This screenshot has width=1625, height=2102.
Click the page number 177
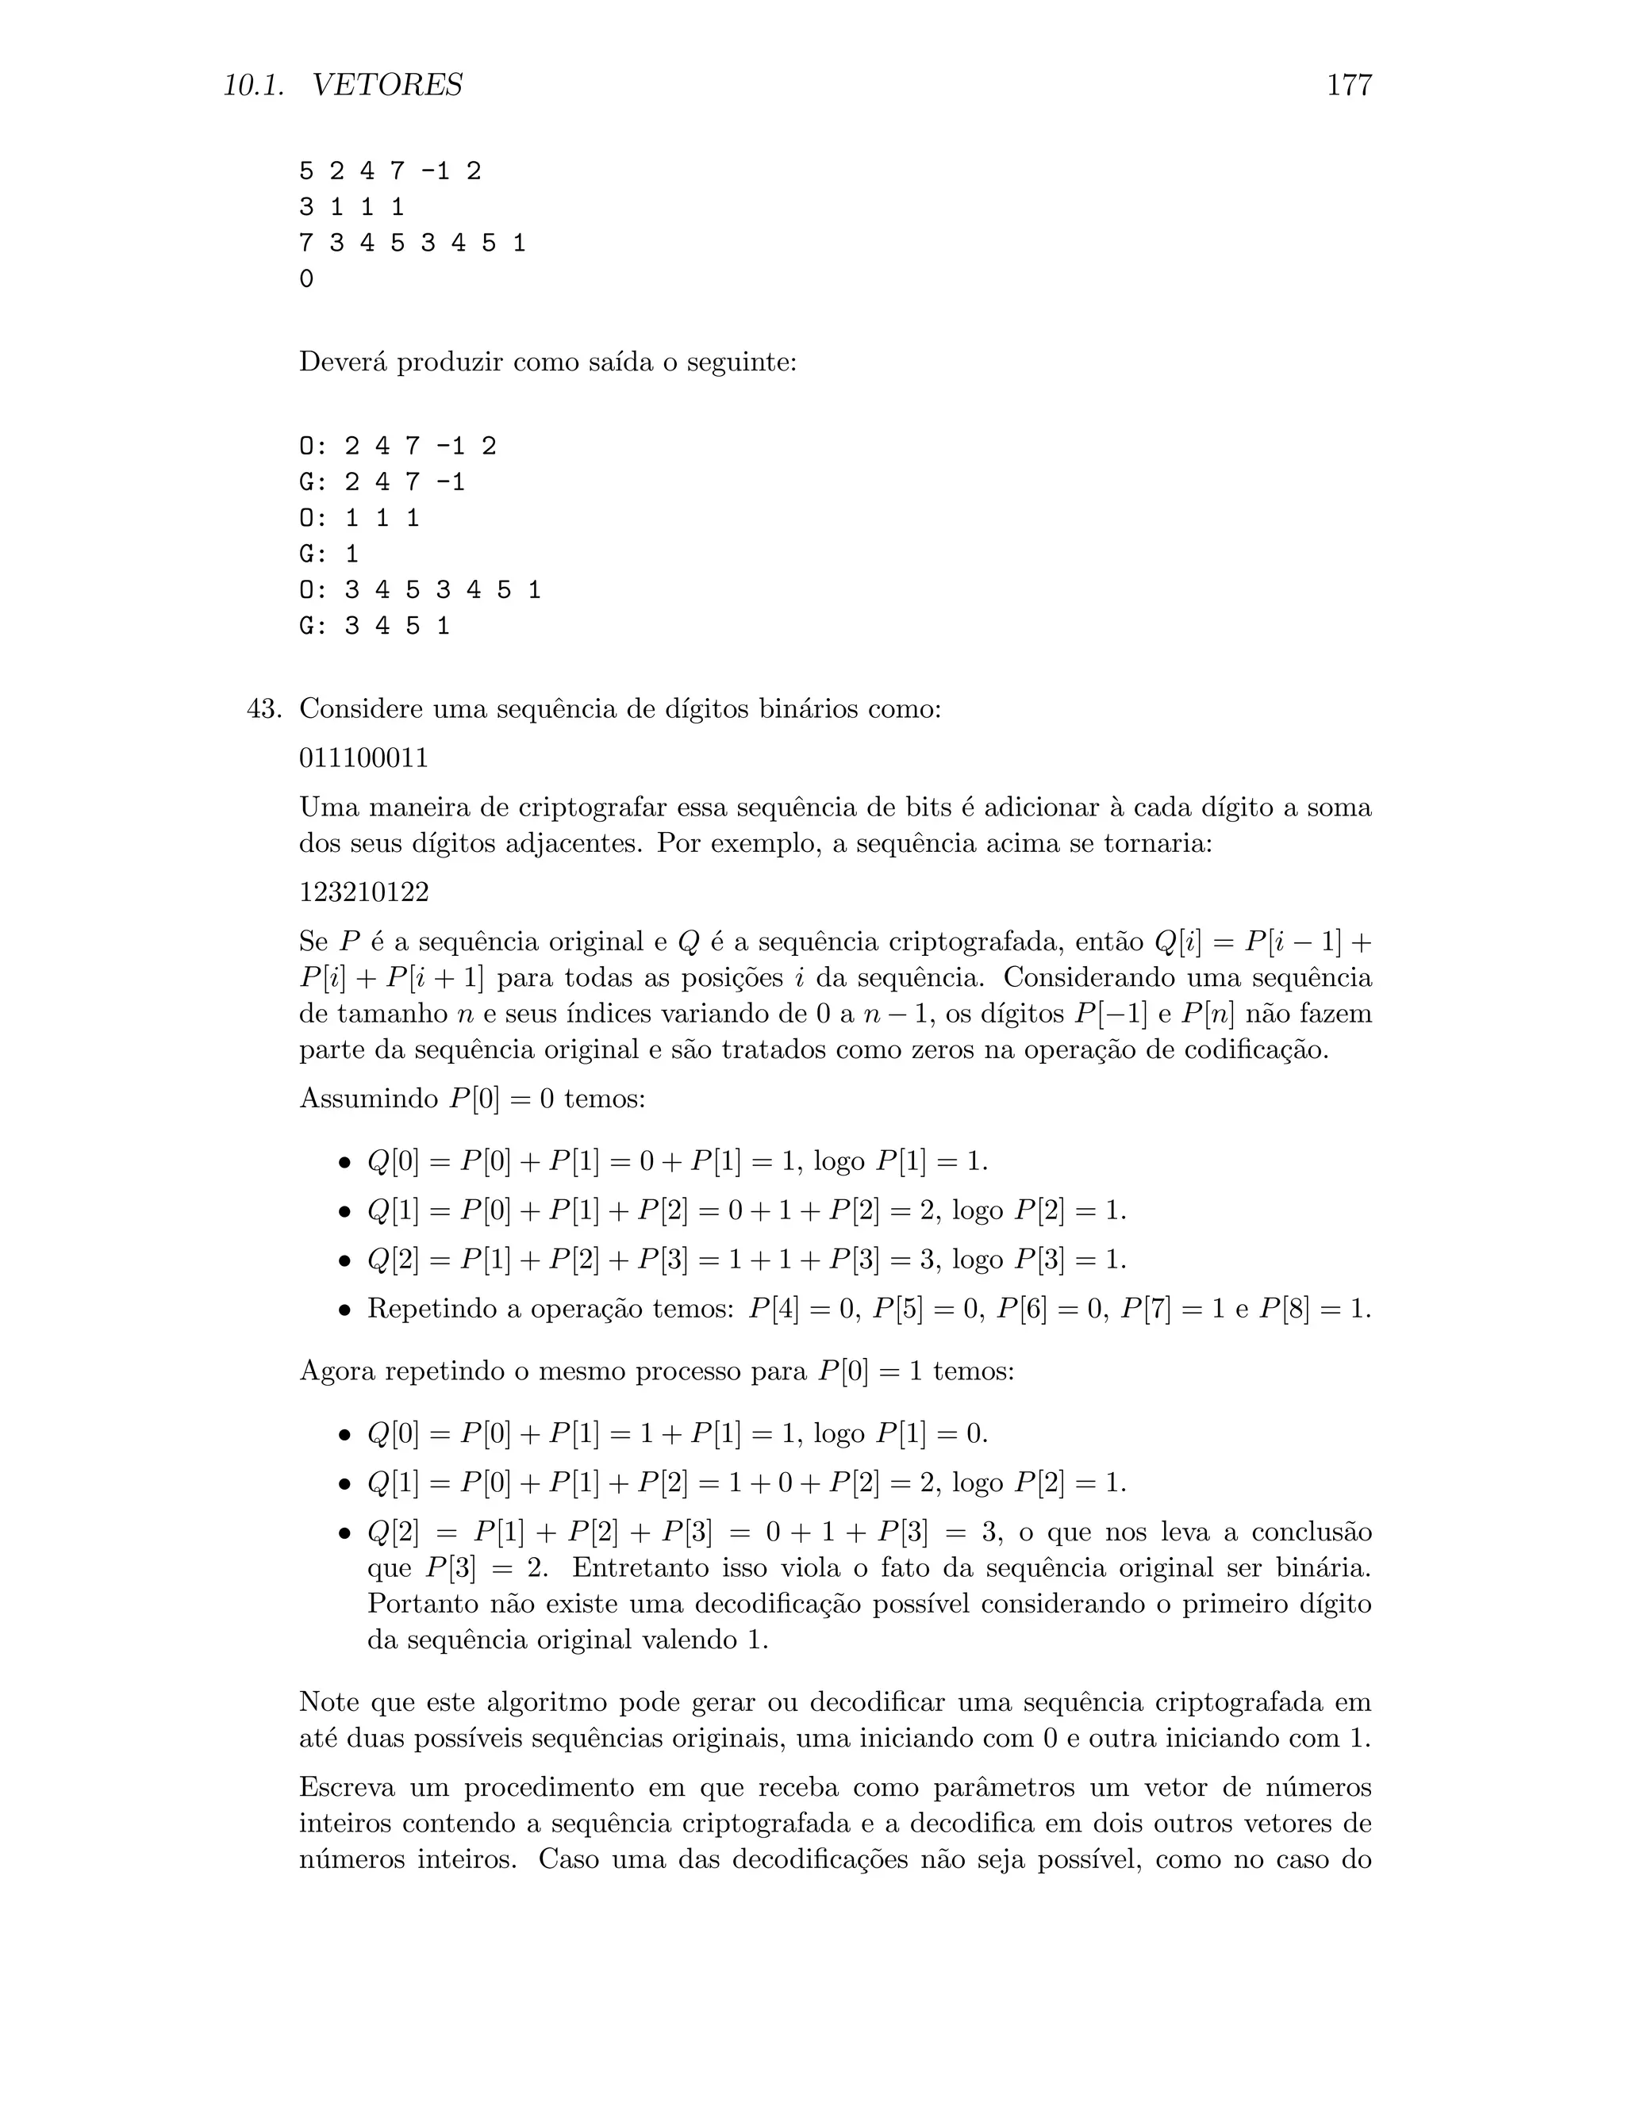click(1348, 86)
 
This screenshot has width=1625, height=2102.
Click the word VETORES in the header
click(387, 86)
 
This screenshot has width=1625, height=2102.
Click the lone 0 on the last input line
click(306, 279)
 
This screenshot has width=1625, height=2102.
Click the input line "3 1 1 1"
click(352, 207)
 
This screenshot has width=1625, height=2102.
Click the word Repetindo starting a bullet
click(429, 1309)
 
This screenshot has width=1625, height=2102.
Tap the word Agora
click(338, 1371)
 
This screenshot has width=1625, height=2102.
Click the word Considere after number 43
click(361, 709)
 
